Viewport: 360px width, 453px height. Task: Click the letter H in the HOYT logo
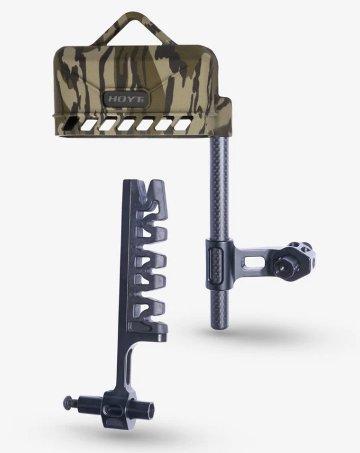110,97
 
